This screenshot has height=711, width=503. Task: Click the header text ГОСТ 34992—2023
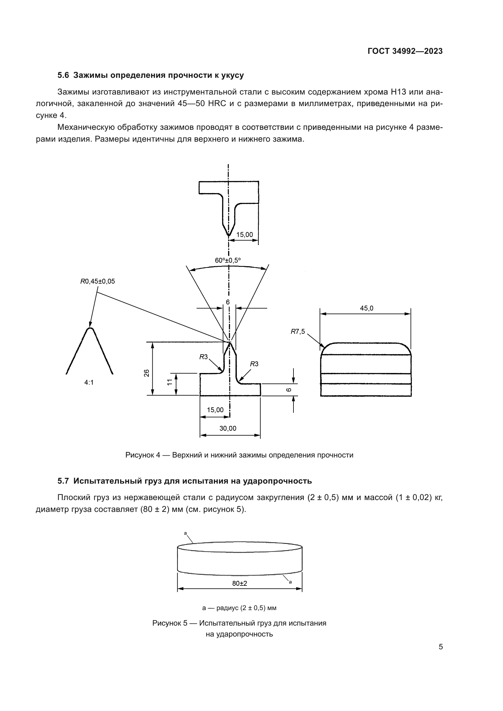click(405, 51)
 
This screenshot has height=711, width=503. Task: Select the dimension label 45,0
click(366, 308)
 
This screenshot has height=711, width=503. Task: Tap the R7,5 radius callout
click(297, 332)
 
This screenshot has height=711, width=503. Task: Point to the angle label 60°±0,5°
click(228, 261)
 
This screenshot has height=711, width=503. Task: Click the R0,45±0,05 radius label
click(98, 281)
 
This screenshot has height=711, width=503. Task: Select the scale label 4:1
click(89, 382)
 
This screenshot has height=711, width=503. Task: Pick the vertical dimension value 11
click(170, 382)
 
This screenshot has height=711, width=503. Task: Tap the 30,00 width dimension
click(228, 428)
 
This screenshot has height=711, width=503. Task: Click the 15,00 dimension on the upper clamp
click(245, 235)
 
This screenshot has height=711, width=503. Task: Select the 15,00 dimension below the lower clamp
click(215, 410)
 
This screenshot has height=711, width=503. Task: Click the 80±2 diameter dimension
click(239, 583)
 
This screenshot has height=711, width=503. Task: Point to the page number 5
click(440, 647)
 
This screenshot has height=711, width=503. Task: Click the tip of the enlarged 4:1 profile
click(90, 328)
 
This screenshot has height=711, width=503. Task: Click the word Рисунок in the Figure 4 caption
click(140, 455)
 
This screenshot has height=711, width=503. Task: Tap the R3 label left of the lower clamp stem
click(203, 357)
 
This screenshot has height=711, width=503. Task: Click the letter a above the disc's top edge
click(185, 533)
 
